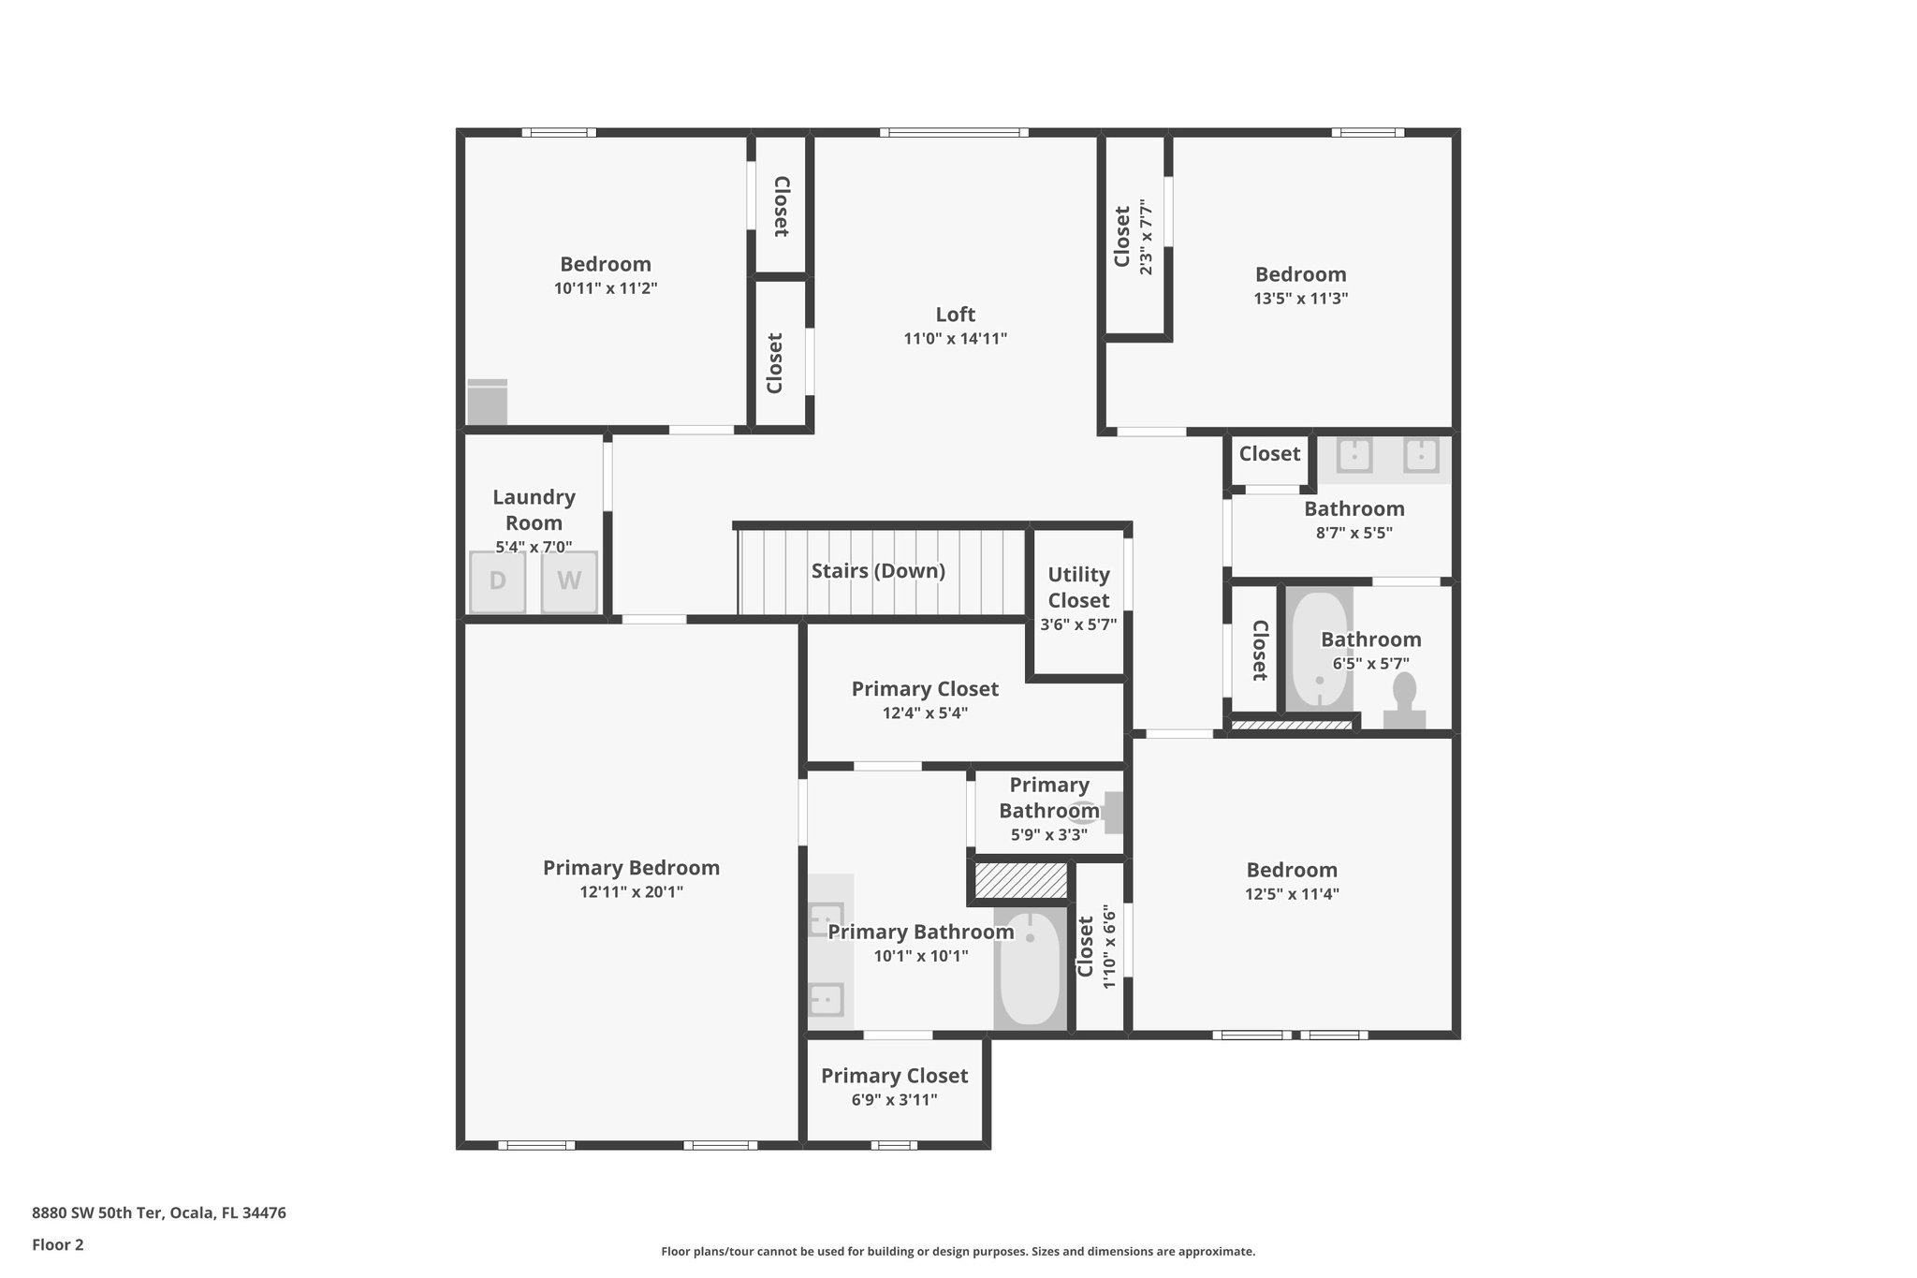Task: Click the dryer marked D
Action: [497, 581]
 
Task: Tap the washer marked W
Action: [569, 581]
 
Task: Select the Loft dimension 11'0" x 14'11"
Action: [955, 339]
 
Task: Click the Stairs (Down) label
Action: [878, 571]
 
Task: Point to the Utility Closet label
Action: [1078, 587]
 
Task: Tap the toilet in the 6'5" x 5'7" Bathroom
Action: [1404, 702]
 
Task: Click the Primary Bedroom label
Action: [631, 868]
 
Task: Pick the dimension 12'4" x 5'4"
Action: [925, 713]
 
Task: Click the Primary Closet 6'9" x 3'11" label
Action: [894, 1077]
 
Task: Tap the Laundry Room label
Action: [534, 510]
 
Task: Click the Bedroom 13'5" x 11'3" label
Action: [1300, 274]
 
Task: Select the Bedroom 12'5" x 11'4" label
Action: [1292, 870]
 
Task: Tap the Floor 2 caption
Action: [58, 1244]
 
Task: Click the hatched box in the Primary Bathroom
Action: [1021, 881]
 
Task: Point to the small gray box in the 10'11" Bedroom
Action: [487, 403]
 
